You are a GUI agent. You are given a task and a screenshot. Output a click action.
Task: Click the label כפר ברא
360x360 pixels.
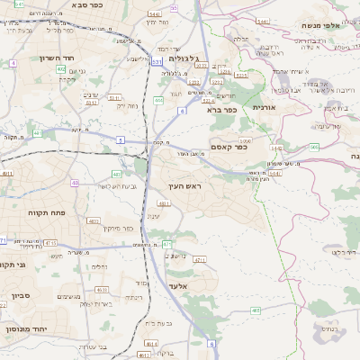[x=220, y=109]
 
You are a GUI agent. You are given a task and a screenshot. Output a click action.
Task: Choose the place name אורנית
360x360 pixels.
[x=262, y=107]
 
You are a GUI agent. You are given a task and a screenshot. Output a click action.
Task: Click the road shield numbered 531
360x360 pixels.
[x=157, y=61]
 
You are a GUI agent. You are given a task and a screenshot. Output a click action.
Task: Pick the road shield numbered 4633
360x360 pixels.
[x=101, y=290]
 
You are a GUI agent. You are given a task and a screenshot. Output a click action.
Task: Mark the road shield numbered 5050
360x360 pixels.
[x=245, y=140]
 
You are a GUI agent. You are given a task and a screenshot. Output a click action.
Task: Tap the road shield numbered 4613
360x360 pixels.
[x=150, y=343]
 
